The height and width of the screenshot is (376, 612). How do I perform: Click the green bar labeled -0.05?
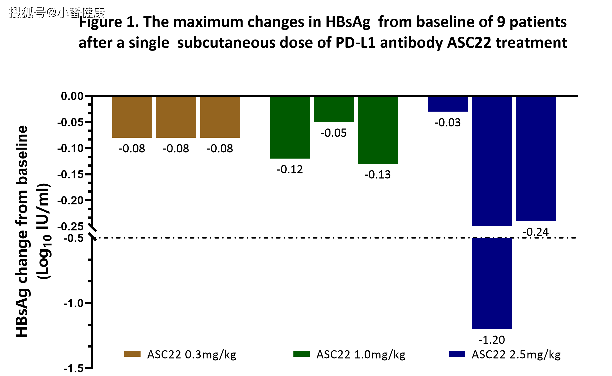[x=334, y=109]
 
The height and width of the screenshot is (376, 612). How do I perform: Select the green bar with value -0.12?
[x=290, y=127]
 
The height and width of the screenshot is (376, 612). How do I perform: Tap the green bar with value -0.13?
[x=378, y=130]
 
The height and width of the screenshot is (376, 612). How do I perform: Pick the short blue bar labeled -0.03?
[x=448, y=104]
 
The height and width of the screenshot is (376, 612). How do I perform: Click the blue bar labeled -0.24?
[x=536, y=159]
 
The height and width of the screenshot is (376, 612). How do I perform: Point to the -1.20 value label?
[x=491, y=340]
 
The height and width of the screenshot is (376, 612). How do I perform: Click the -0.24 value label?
[x=536, y=232]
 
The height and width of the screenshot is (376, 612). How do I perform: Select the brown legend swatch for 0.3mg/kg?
[x=132, y=354]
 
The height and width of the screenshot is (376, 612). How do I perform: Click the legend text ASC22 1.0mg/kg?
[x=361, y=355]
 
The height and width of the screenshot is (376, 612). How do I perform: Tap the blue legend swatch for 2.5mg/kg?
[x=457, y=354]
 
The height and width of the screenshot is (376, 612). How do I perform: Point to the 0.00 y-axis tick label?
[x=72, y=96]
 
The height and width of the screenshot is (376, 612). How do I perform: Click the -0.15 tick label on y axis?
[x=70, y=175]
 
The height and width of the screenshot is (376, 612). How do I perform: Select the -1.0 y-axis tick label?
[x=74, y=303]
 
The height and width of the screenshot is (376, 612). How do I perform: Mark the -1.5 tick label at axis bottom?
[x=74, y=369]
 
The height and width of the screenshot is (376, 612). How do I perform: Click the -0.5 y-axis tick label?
[x=74, y=238]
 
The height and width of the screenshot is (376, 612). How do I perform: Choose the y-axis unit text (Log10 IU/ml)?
[x=44, y=231]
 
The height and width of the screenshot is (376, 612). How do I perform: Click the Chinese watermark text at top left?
[x=56, y=12]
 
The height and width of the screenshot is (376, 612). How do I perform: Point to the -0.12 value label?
[x=290, y=170]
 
